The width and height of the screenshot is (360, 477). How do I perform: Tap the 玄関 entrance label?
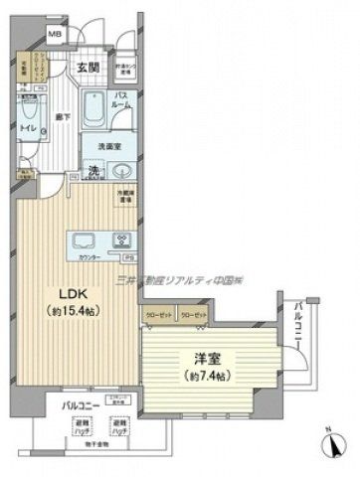pos(86,68)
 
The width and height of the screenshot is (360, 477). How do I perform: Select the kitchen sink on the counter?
pos(82,240)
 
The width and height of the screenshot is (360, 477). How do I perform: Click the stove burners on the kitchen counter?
pos(123,240)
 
